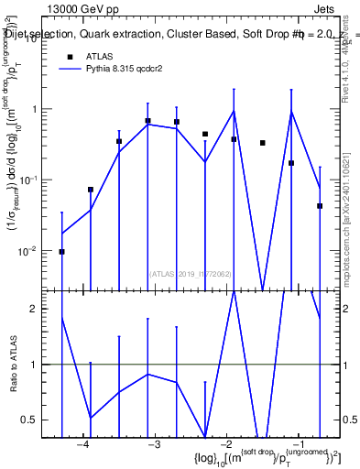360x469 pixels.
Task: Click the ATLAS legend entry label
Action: (x=100, y=56)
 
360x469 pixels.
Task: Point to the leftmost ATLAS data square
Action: (x=61, y=251)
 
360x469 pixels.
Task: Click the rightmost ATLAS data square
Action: (x=320, y=206)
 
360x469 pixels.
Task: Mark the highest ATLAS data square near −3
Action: (x=147, y=120)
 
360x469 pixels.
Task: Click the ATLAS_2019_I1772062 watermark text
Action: (x=191, y=273)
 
